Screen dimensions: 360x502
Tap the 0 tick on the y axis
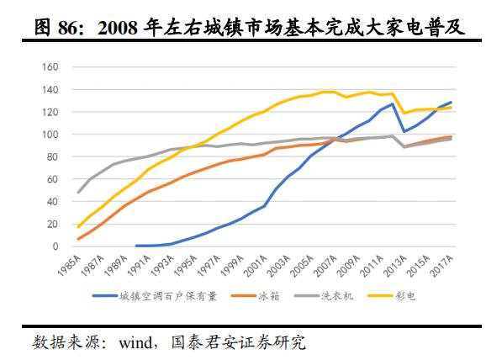(x=55, y=246)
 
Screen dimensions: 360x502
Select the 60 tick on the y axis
(x=53, y=179)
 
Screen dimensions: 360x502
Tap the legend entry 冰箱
(x=263, y=296)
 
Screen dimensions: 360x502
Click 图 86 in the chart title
(x=55, y=29)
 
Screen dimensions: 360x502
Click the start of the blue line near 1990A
(x=136, y=246)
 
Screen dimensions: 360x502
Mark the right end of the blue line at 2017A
(x=451, y=103)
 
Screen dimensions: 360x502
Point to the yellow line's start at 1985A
(x=79, y=227)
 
